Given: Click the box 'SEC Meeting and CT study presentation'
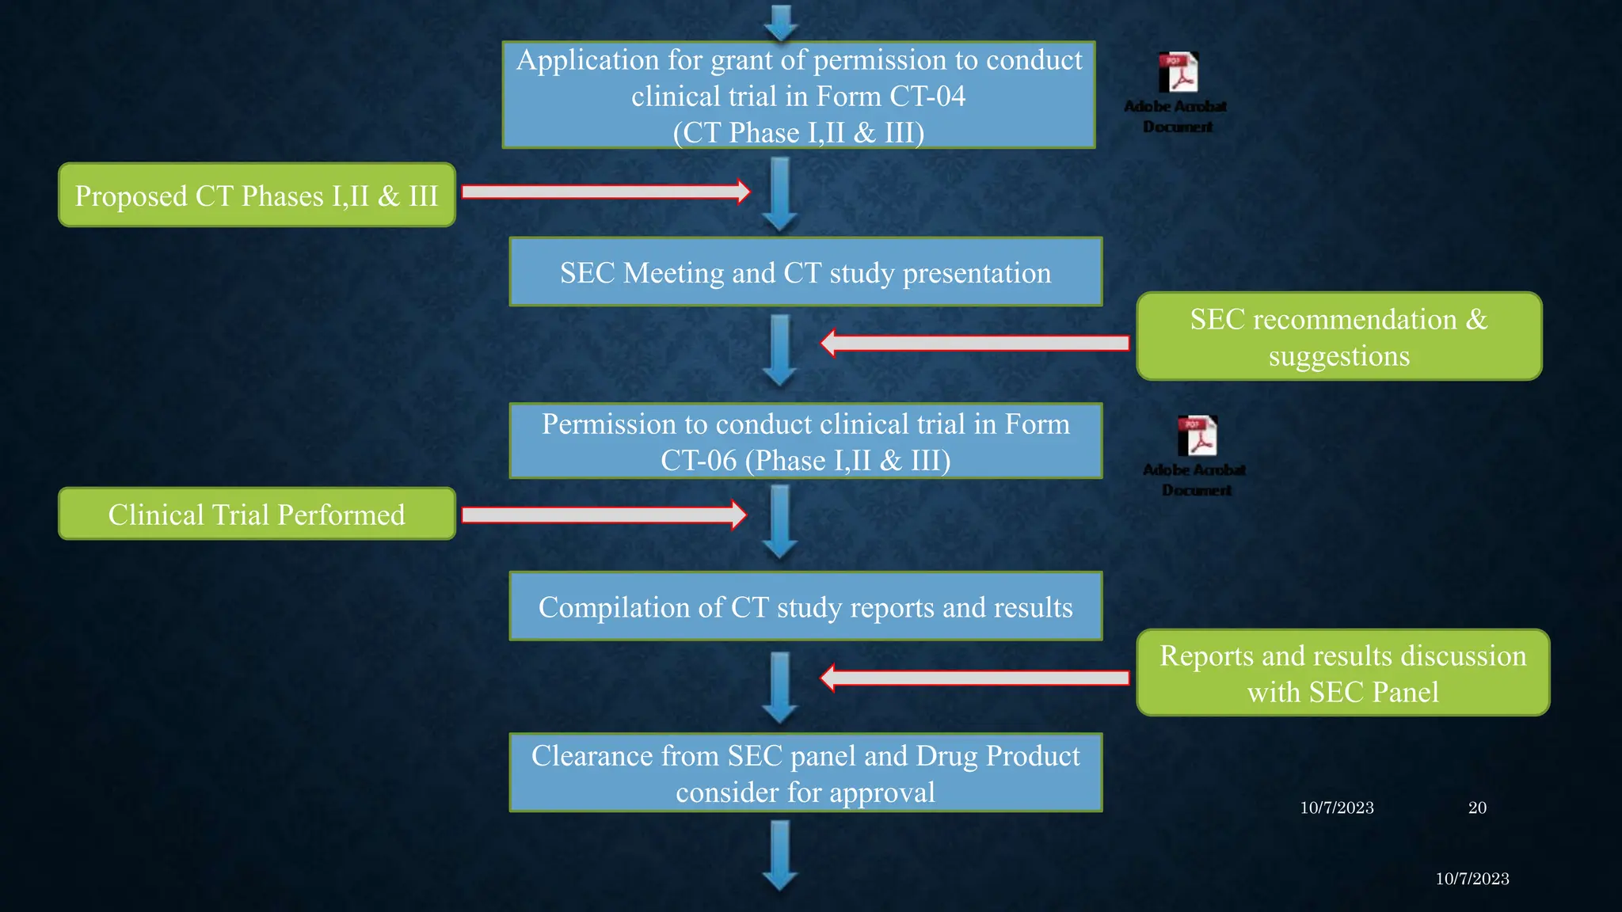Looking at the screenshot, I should coord(805,272).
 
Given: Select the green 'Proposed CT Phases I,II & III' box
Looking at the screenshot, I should coord(257,196).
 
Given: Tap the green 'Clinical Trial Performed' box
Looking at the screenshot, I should coord(257,515).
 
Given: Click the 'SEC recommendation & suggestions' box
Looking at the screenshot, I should coord(1338,336).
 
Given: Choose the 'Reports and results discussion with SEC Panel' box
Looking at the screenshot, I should coord(1342,673).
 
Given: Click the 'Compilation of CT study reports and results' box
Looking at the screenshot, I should coord(805,606).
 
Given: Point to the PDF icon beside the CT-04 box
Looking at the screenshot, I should coord(1178,73).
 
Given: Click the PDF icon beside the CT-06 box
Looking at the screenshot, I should coord(1197,436).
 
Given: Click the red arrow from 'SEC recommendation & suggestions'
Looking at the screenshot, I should coord(975,343).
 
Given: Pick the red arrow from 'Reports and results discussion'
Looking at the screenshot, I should coord(975,678).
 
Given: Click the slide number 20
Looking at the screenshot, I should coord(1477,807).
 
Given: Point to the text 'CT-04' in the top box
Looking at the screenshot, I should coord(927,97).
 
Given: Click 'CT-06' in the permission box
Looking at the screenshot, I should coord(699,461).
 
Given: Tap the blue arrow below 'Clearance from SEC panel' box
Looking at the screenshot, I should coord(780,856).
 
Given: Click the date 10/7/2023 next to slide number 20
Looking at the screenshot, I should coord(1337,807).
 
